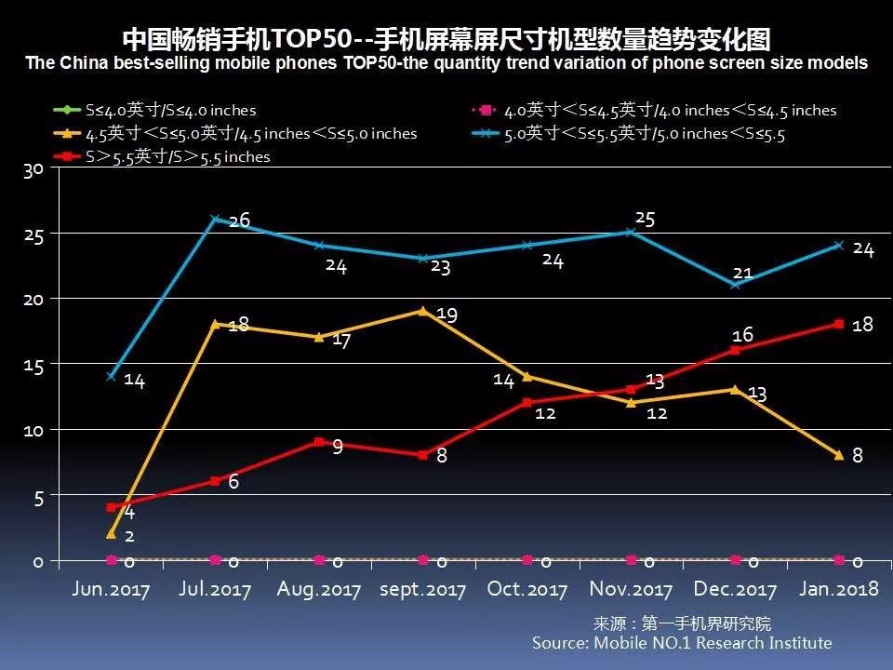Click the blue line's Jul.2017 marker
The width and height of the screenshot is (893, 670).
(216, 220)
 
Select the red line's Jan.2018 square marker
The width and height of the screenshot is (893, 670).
(839, 324)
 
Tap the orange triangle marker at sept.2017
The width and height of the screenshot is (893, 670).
(423, 311)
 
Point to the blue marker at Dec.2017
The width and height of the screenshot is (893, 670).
(735, 284)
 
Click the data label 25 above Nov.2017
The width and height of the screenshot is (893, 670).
(645, 219)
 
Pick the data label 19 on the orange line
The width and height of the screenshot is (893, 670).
(446, 315)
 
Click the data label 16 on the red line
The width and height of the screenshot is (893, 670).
(741, 335)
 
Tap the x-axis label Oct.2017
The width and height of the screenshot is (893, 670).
(526, 590)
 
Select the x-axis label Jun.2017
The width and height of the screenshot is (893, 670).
(111, 590)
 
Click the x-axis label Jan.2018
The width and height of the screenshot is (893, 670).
(838, 590)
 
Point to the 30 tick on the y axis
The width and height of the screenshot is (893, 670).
(34, 169)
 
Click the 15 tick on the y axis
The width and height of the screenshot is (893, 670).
(34, 365)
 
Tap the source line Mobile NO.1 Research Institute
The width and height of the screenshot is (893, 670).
(682, 643)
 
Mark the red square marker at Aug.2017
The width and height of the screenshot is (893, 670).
(319, 442)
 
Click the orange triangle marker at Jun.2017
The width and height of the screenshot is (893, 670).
(112, 534)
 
